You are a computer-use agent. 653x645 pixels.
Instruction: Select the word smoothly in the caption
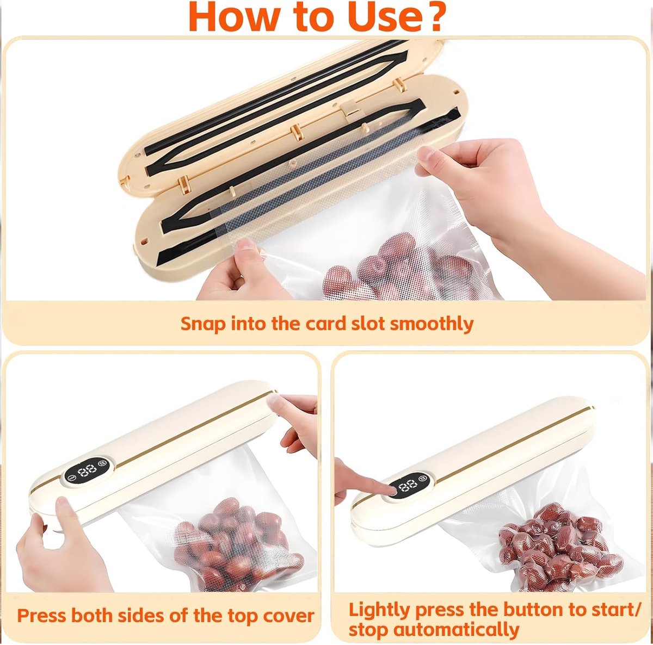432,324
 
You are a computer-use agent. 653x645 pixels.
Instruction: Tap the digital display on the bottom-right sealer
408,485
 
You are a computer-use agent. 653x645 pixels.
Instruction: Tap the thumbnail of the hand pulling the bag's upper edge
426,155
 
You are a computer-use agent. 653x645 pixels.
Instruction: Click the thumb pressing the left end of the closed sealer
63,510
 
